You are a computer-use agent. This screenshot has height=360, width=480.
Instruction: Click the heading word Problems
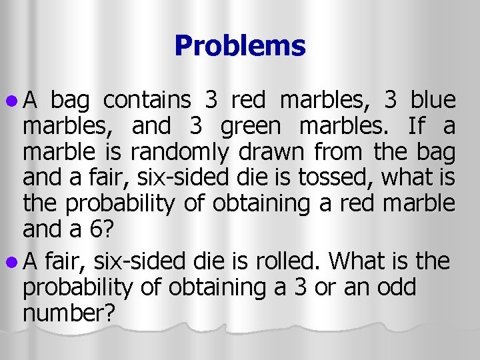click(x=240, y=46)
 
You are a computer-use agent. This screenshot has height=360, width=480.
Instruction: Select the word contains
click(x=147, y=101)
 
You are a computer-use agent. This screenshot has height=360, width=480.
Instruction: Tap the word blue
click(x=433, y=101)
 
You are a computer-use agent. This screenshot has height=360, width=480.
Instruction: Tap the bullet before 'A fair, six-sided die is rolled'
click(x=13, y=261)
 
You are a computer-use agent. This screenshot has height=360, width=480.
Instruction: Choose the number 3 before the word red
click(x=212, y=101)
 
